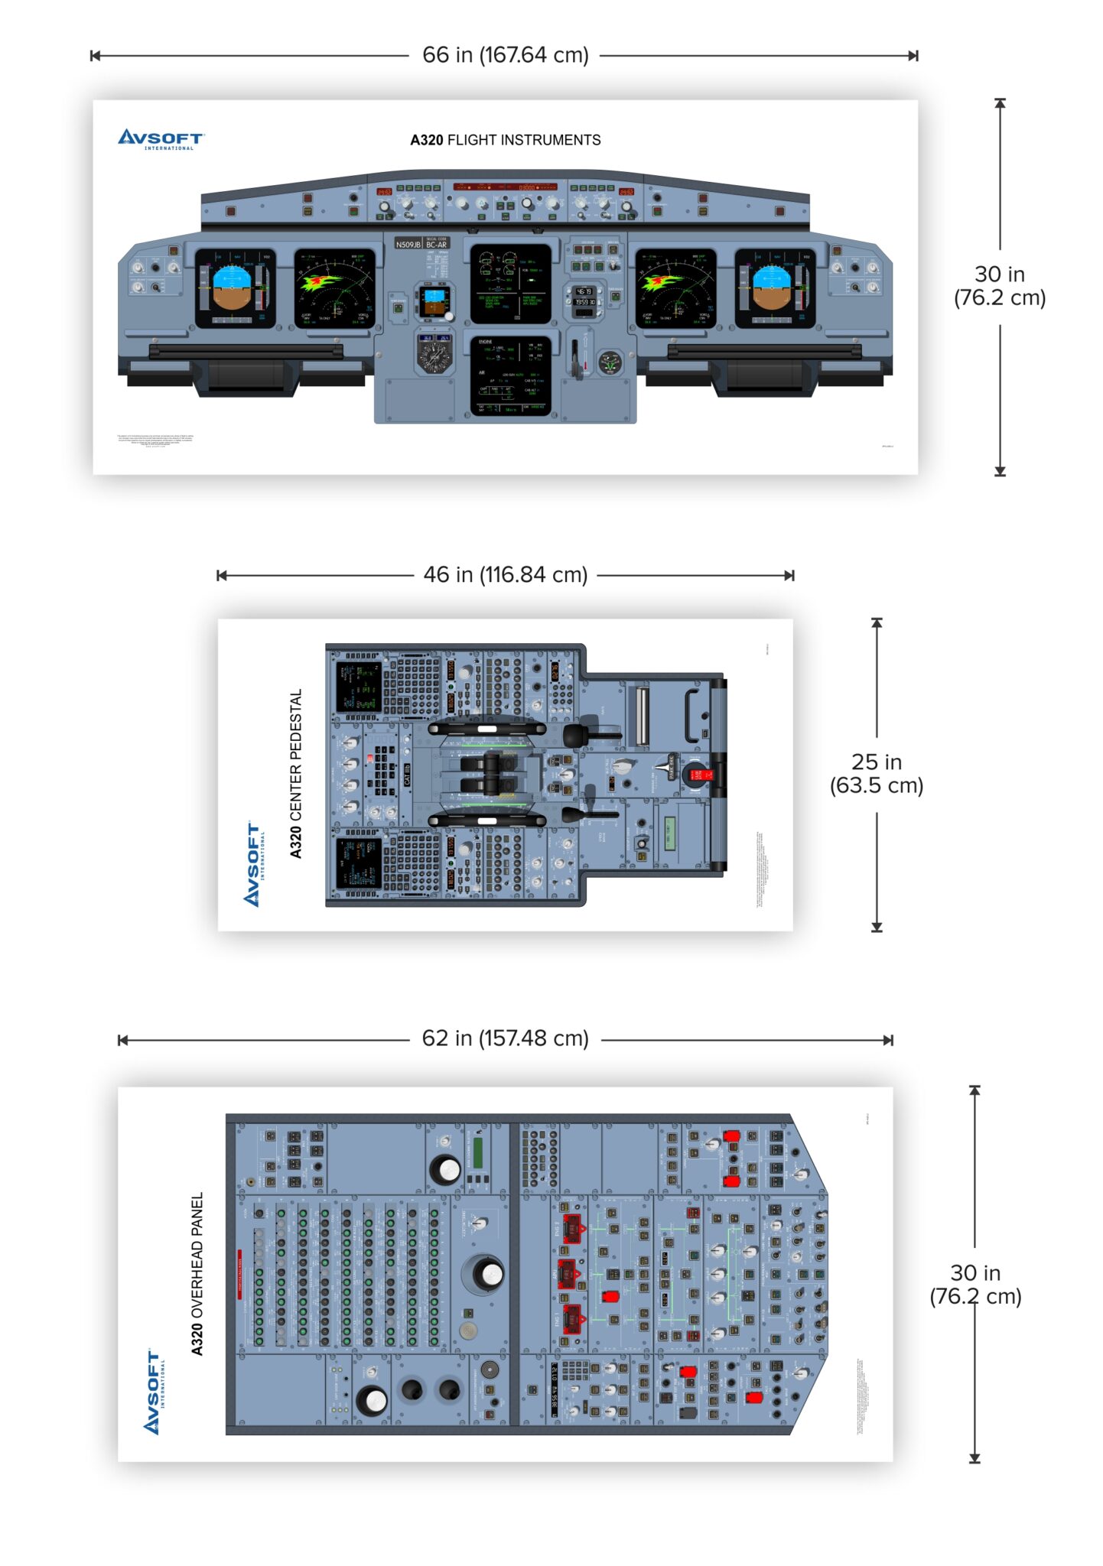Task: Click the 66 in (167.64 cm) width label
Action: click(505, 55)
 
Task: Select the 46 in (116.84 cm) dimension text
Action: click(505, 575)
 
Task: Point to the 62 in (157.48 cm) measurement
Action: click(505, 1038)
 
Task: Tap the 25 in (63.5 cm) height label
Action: click(877, 773)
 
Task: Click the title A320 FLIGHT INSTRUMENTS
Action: click(505, 140)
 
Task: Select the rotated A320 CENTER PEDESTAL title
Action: click(296, 773)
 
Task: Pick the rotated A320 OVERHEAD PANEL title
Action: click(197, 1274)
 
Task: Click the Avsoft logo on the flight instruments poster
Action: click(161, 139)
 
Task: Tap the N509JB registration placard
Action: click(408, 245)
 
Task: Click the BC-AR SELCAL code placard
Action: click(437, 245)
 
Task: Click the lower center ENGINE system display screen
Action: click(510, 375)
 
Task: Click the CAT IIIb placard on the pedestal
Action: click(407, 775)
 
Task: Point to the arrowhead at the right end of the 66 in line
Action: click(913, 56)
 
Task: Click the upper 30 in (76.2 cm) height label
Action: click(999, 286)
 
